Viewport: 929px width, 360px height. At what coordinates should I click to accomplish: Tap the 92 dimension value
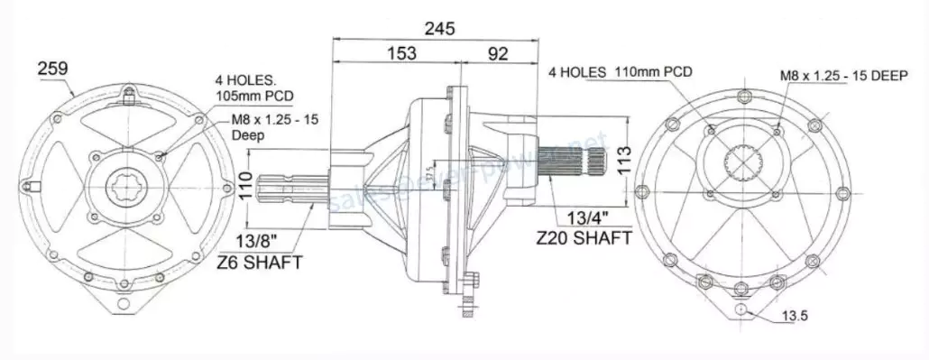coord(498,54)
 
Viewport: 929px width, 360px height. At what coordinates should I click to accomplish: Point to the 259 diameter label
coord(52,68)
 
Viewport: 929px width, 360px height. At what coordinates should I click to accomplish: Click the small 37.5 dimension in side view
coord(431,171)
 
